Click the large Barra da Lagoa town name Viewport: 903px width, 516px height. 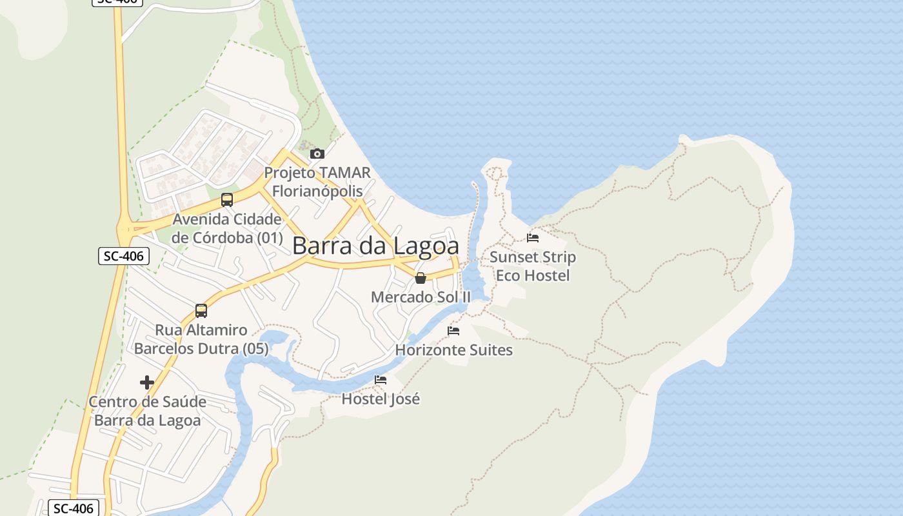375,246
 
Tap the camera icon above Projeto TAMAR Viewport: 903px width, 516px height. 317,154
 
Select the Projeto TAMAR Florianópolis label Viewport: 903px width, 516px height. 317,182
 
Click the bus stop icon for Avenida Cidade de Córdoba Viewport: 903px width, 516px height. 227,200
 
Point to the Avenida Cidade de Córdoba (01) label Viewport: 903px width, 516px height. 227,228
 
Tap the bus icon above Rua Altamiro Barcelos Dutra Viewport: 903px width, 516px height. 201,311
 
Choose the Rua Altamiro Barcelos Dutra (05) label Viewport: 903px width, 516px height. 201,339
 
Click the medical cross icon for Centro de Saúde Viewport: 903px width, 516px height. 147,382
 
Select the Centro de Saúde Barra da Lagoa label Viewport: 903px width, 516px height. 147,411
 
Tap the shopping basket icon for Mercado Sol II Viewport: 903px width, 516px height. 421,278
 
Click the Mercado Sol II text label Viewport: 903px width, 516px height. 421,297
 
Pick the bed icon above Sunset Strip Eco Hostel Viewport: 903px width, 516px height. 533,238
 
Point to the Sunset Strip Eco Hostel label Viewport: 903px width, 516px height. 533,266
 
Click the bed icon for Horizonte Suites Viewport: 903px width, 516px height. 453,331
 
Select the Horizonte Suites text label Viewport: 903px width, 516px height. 453,350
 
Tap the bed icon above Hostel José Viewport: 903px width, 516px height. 381,380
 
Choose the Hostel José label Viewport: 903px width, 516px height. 381,399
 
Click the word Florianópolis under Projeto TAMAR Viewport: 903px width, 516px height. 317,192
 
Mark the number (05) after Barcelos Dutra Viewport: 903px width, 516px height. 252,349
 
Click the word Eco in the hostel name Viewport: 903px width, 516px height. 508,276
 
